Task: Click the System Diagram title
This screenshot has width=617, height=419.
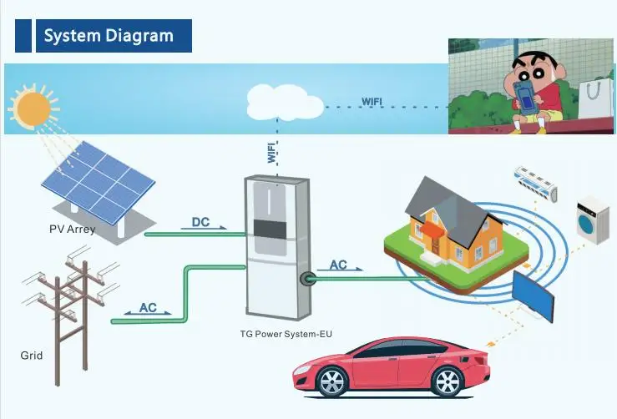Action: (x=109, y=36)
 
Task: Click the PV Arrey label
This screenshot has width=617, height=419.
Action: (x=72, y=228)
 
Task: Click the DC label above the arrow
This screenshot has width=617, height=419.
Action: (x=200, y=222)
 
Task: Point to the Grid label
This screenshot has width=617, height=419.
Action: (x=31, y=356)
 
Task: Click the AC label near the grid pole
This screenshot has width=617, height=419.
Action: (x=148, y=307)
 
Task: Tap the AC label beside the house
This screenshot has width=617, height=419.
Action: (x=338, y=265)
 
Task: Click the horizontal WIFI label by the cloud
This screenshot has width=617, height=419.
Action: (x=372, y=102)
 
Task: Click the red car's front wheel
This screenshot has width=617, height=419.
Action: (x=331, y=382)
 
